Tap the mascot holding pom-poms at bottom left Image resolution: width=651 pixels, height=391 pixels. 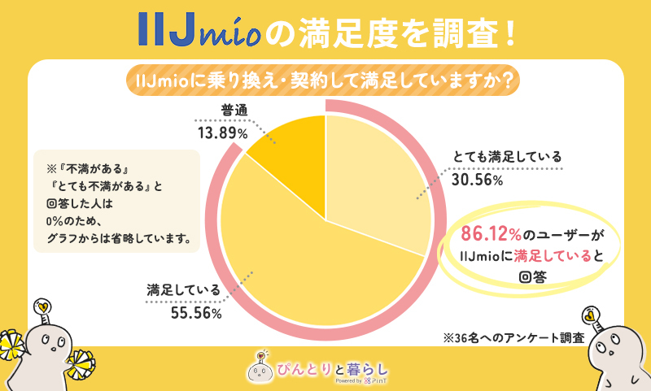coord(49,350)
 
